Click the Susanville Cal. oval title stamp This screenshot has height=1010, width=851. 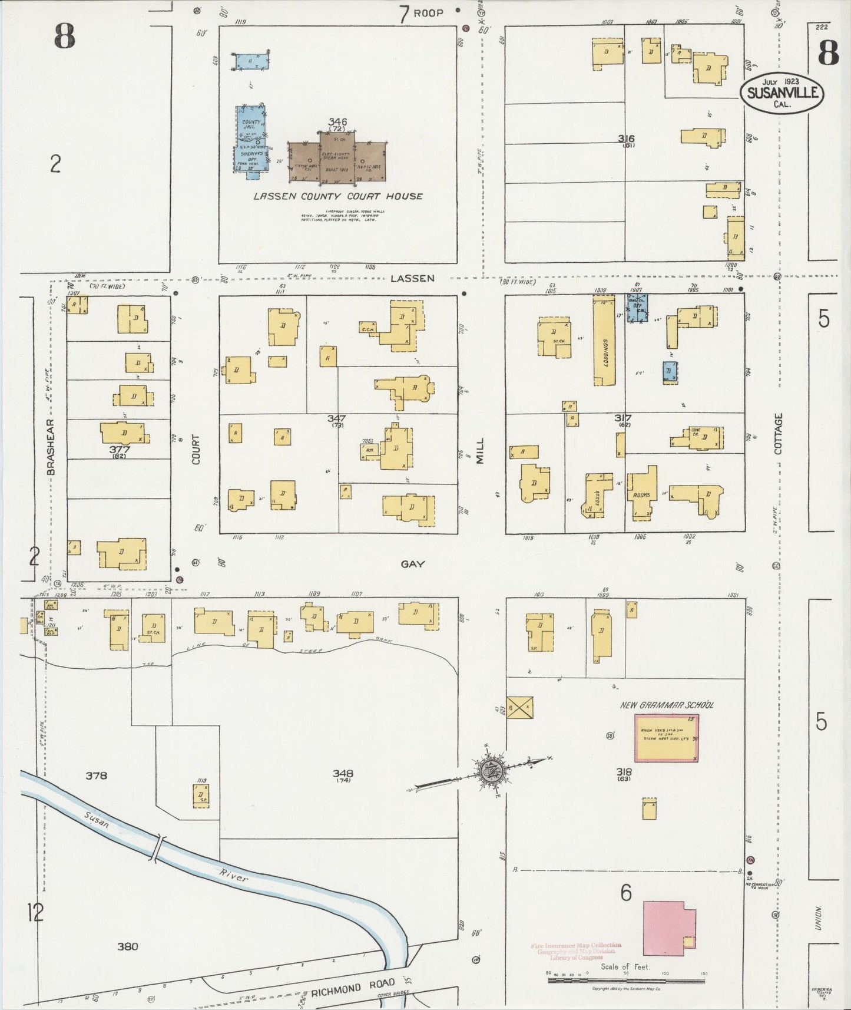coord(782,93)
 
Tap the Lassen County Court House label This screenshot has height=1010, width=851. coord(337,196)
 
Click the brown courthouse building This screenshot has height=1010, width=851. coord(337,156)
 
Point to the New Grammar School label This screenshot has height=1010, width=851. coord(666,705)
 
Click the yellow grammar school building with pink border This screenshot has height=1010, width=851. coord(666,738)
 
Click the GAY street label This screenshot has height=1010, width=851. coord(412,564)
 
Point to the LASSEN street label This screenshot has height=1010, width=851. coord(412,278)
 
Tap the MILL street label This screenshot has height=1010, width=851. coord(479,450)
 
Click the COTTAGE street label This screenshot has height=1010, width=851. coord(779,433)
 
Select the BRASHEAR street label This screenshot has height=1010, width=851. coord(51,447)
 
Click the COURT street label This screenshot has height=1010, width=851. coord(196,449)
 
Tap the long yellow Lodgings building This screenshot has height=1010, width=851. coord(604,342)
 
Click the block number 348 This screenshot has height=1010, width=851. coord(342,773)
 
